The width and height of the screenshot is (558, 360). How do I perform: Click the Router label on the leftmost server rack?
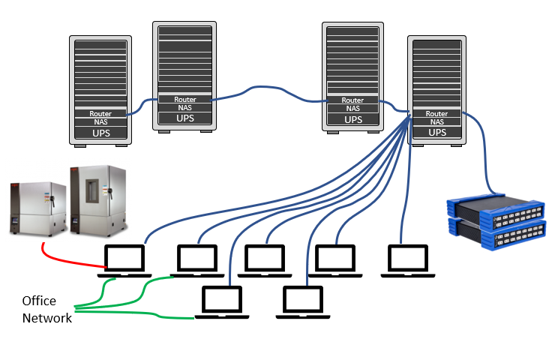[100, 113]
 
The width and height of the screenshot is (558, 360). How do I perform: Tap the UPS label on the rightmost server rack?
[436, 132]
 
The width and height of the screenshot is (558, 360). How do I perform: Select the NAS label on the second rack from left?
[185, 107]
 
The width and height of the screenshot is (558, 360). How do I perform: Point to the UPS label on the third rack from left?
[353, 118]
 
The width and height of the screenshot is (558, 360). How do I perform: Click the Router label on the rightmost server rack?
[436, 114]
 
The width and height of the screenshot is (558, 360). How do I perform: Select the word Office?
[39, 301]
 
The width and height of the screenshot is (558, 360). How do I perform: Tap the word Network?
[46, 318]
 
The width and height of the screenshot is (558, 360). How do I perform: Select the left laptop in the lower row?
[223, 302]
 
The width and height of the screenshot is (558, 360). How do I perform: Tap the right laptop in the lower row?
[302, 302]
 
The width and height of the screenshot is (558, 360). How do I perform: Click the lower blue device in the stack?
[495, 234]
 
